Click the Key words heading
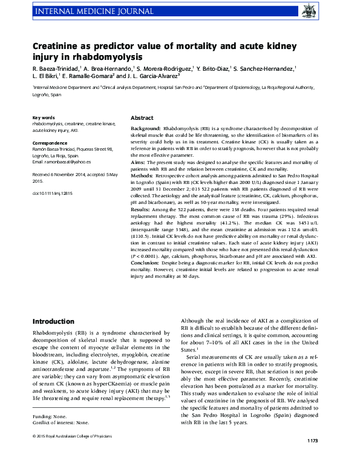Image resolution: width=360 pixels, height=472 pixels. pyautogui.click(x=44, y=117)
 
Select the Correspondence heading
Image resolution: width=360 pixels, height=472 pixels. pyautogui.click(x=50, y=143)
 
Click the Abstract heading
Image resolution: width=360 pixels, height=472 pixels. pyautogui.click(x=142, y=117)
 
